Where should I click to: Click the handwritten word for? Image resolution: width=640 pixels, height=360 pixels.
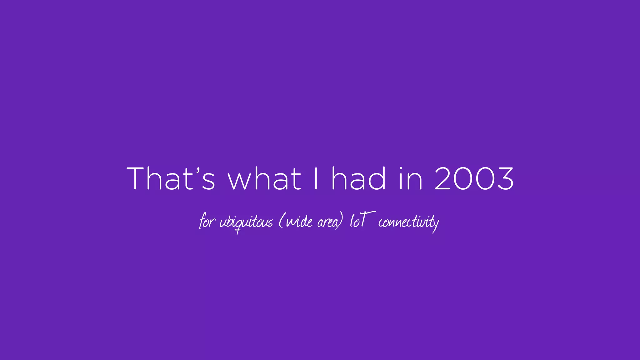tap(207, 221)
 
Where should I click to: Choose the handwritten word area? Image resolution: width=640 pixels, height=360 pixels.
tap(328, 222)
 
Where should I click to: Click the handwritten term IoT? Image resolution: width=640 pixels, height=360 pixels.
tap(361, 220)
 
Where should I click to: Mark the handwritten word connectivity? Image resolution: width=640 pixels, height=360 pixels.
tap(408, 222)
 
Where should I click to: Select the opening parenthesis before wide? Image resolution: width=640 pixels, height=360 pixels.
tap(281, 221)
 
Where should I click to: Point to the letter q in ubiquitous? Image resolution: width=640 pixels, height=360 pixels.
tap(238, 225)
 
